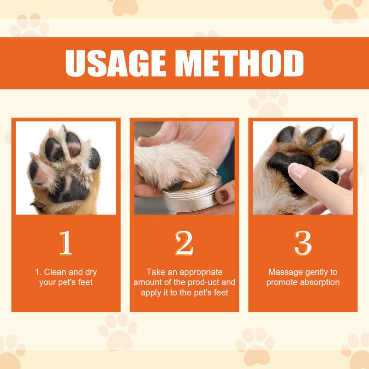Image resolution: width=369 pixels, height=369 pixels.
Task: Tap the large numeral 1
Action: [x=66, y=243]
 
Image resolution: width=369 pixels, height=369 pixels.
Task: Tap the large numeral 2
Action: [x=184, y=243]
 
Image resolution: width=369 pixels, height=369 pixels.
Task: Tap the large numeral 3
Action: [x=303, y=243]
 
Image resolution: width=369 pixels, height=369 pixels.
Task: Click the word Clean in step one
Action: [x=55, y=272]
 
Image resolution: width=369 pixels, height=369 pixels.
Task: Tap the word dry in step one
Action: [x=90, y=272]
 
